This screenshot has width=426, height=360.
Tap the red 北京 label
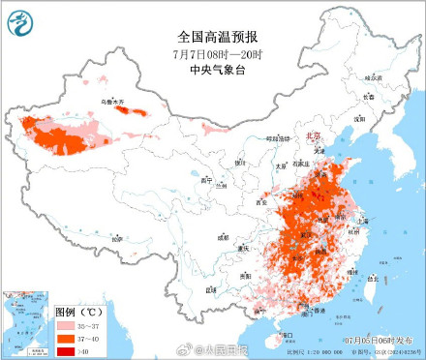[311, 137]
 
